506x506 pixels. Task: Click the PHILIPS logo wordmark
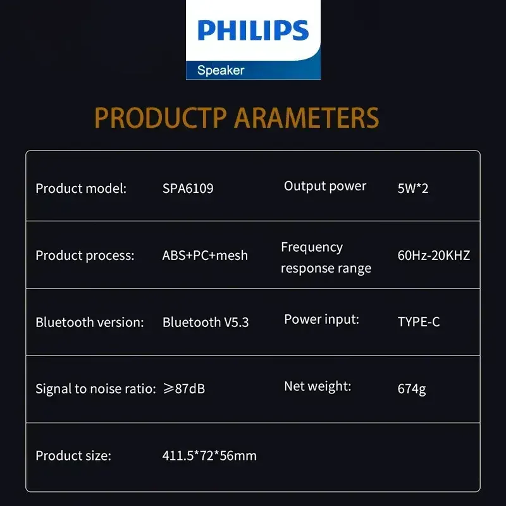point(253,30)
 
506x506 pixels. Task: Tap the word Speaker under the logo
point(221,70)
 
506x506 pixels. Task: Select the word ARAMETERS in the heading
point(307,118)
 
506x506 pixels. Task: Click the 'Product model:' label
point(81,188)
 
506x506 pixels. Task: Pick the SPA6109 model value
point(188,188)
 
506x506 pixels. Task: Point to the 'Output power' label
point(325,186)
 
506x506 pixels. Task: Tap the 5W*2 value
point(413,188)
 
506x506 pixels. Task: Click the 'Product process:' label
point(85,256)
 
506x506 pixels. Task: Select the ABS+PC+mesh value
point(205,256)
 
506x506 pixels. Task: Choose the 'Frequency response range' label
point(326,257)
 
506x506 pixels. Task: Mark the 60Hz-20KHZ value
point(434,256)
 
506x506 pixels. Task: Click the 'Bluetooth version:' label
point(90,322)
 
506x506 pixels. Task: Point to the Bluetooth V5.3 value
point(206,322)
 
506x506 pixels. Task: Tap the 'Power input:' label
point(321,319)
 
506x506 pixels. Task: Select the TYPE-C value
point(419,322)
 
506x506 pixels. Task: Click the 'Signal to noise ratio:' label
point(96,389)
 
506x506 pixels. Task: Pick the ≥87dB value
point(183,389)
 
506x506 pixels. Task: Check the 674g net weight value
point(412,389)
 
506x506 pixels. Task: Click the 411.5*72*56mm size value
point(209,455)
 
